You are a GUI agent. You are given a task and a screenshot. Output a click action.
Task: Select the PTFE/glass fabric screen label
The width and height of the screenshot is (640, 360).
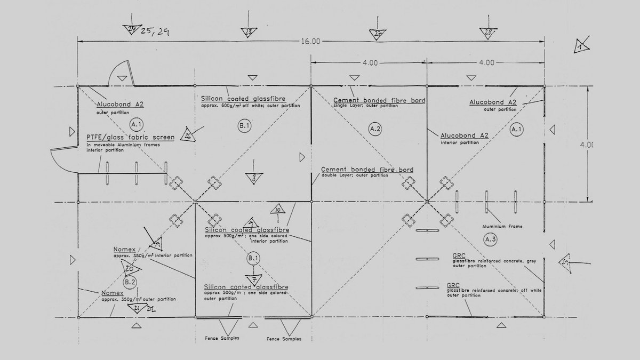(x=130, y=137)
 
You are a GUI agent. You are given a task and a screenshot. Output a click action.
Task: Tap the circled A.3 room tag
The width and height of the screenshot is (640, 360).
(x=491, y=239)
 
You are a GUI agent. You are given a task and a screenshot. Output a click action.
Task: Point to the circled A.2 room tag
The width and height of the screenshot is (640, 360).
(x=375, y=129)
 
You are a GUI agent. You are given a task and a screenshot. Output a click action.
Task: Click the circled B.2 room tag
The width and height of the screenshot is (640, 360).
(x=130, y=281)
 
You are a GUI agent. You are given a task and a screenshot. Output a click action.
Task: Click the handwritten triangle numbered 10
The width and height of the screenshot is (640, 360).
(x=278, y=209)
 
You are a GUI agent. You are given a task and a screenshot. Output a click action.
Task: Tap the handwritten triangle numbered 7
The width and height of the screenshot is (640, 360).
(x=254, y=279)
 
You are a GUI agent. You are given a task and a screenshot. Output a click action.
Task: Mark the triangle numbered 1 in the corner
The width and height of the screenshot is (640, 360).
(x=580, y=46)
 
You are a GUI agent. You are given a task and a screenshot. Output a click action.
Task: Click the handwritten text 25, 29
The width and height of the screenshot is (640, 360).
(x=156, y=32)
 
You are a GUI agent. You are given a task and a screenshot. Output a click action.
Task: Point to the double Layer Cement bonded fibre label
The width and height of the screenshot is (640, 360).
(x=367, y=170)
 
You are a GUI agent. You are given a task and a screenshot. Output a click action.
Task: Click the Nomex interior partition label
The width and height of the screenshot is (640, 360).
(x=124, y=249)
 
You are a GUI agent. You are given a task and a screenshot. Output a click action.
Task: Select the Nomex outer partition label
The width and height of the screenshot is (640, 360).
(x=113, y=293)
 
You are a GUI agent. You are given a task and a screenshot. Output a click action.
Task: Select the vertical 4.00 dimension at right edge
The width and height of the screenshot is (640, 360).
(x=589, y=145)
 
